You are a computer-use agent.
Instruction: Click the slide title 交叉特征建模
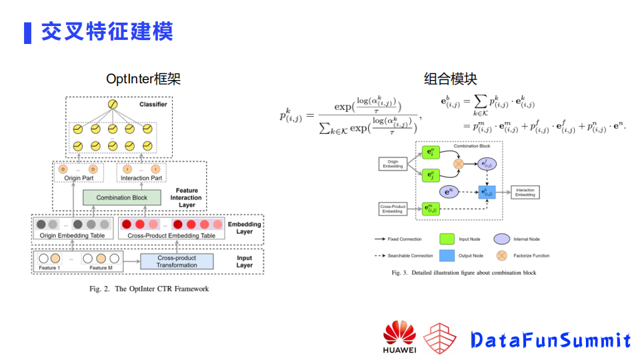click(x=107, y=31)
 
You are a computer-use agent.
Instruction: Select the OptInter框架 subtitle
click(x=143, y=79)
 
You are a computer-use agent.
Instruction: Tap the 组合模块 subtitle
click(x=451, y=79)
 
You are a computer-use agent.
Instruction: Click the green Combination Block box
click(x=122, y=197)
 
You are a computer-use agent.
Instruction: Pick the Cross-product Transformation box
click(x=177, y=261)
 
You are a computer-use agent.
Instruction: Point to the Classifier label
click(x=153, y=105)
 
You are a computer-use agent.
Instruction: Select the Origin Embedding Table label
click(x=72, y=235)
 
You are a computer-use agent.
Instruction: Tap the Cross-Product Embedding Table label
click(x=171, y=235)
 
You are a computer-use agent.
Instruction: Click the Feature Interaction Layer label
click(x=186, y=197)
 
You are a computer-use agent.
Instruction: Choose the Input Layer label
click(x=245, y=261)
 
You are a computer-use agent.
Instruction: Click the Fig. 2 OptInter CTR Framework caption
click(x=149, y=289)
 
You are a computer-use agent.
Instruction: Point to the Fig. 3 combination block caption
click(x=463, y=273)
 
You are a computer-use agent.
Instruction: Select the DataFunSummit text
click(x=550, y=340)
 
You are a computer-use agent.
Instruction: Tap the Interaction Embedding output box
click(x=525, y=193)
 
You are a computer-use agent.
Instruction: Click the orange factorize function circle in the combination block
click(x=459, y=163)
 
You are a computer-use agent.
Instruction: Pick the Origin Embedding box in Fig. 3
click(x=393, y=163)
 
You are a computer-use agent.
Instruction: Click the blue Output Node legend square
click(x=447, y=255)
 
